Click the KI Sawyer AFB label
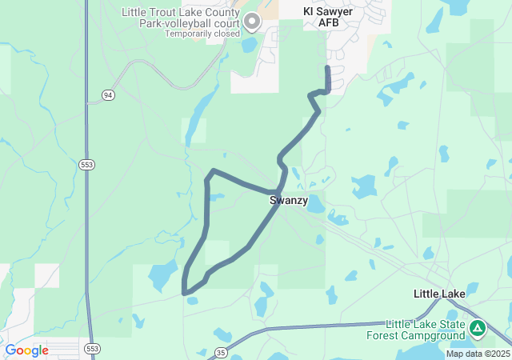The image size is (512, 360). click(328, 17)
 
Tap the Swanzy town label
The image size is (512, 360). click(288, 200)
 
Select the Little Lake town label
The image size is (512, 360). click(439, 294)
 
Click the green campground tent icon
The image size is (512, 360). click(478, 327)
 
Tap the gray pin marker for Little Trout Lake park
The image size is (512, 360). click(251, 21)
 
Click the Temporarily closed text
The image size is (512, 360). click(202, 34)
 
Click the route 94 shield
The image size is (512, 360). click(108, 95)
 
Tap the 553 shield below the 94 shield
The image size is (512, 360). click(86, 164)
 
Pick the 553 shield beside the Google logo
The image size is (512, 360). click(93, 349)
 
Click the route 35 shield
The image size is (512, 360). click(221, 351)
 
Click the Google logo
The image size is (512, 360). click(26, 350)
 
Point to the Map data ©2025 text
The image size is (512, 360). click(477, 354)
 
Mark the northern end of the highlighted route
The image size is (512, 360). click(327, 69)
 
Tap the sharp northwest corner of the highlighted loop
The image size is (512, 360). click(213, 171)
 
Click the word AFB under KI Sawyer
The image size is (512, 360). click(328, 22)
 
